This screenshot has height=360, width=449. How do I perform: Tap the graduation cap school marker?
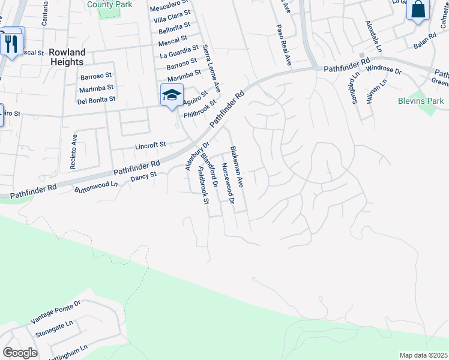[x=172, y=95]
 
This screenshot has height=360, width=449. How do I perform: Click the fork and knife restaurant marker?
[x=11, y=44]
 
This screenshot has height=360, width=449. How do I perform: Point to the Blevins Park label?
[x=421, y=101]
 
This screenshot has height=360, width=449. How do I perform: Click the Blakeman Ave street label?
[x=236, y=168]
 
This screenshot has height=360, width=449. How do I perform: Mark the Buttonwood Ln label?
[x=96, y=187]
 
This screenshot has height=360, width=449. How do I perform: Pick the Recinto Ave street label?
[x=75, y=153]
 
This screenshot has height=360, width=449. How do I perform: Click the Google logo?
[x=20, y=353]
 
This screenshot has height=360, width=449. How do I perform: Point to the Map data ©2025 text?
[x=423, y=355]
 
